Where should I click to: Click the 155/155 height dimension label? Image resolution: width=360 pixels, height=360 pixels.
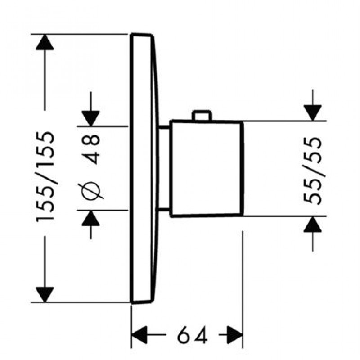[x=45, y=175]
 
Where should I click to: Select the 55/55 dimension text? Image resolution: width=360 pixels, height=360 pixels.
[x=314, y=170]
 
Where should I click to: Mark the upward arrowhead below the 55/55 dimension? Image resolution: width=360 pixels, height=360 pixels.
[x=313, y=224]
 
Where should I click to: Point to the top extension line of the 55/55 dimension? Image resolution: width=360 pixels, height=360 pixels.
[x=283, y=121]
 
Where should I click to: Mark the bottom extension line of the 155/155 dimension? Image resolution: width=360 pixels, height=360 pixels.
[x=81, y=302]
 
